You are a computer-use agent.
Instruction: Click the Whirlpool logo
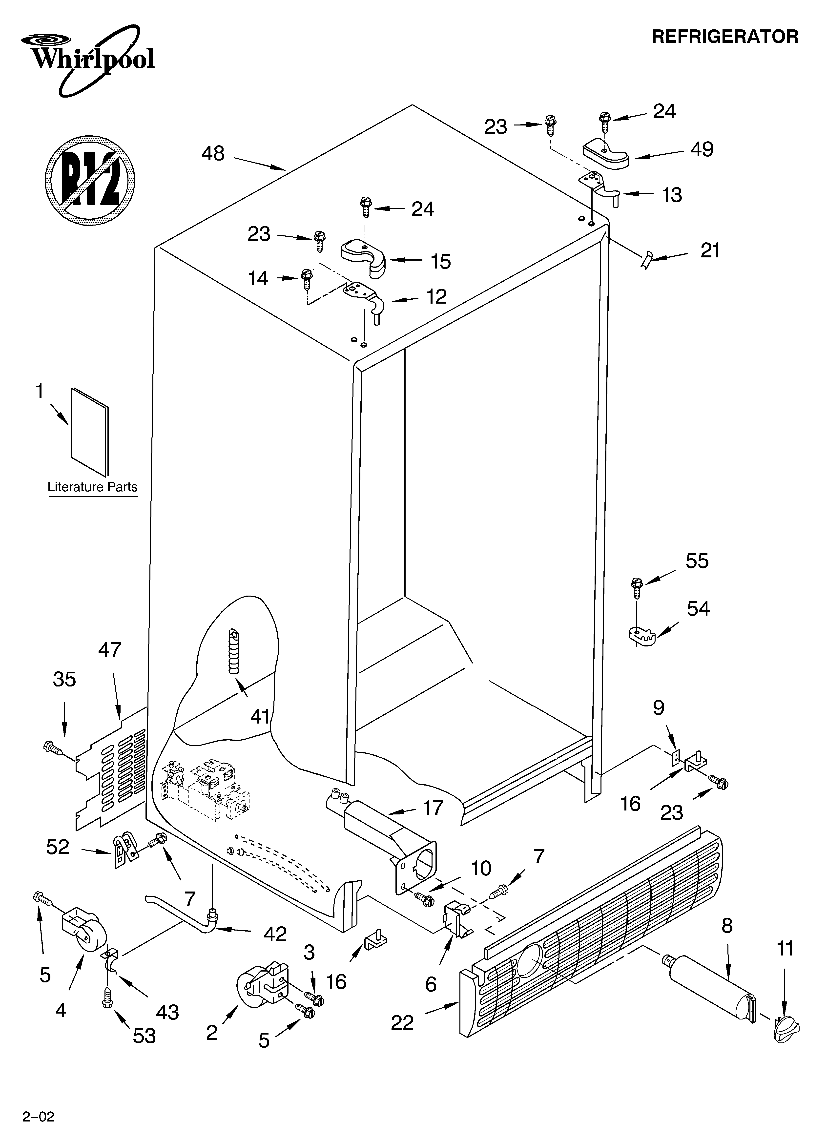pos(93,61)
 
